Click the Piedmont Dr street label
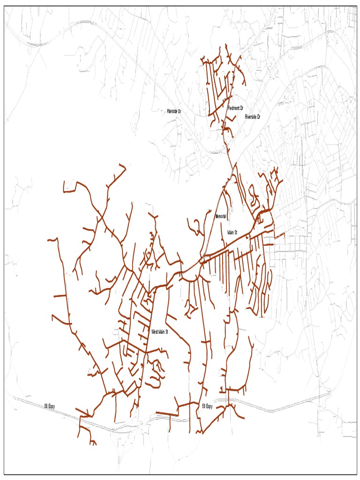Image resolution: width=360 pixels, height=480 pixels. click(x=235, y=108)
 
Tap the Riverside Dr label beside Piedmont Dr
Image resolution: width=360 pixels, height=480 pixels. click(x=252, y=116)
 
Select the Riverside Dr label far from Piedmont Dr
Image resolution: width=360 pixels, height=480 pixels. click(x=174, y=111)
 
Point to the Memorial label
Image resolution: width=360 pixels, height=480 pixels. click(x=221, y=217)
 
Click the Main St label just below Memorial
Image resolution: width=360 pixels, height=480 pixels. click(x=232, y=232)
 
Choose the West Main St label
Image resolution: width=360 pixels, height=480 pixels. click(x=159, y=331)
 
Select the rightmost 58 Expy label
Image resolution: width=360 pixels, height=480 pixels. click(x=207, y=406)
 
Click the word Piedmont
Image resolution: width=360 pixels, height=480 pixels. click(x=233, y=108)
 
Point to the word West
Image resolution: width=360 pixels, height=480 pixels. click(x=154, y=331)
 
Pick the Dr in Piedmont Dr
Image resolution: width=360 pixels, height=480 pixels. click(x=241, y=108)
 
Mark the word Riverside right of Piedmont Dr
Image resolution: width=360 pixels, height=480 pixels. click(x=250, y=116)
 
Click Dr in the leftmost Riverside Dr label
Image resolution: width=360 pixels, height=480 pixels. click(x=179, y=111)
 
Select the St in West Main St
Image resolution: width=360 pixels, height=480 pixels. click(x=166, y=331)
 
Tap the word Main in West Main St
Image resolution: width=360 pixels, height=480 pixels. click(x=161, y=331)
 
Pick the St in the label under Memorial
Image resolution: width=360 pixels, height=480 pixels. click(x=236, y=232)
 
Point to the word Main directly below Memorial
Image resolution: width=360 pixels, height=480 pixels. click(x=231, y=232)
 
